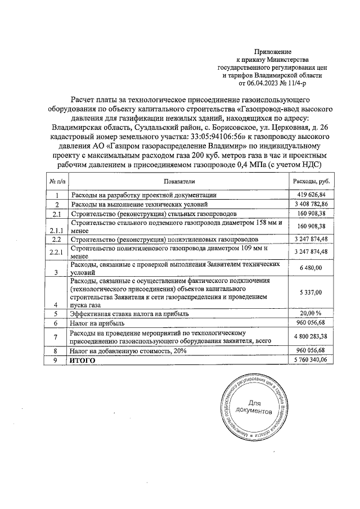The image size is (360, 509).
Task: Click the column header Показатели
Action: coord(179,182)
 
